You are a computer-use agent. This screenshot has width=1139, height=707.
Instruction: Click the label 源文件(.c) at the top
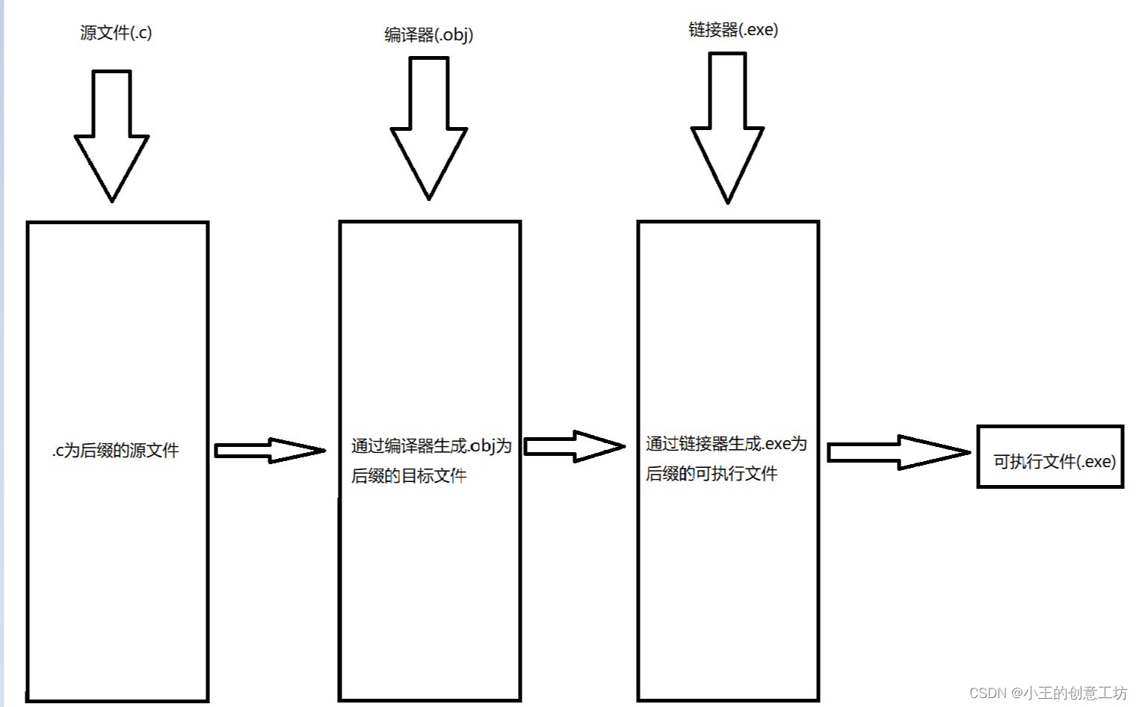[116, 32]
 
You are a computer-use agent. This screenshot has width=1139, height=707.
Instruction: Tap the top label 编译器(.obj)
[428, 34]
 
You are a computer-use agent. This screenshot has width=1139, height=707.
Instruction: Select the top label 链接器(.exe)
[732, 29]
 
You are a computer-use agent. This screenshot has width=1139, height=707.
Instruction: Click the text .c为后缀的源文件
[116, 451]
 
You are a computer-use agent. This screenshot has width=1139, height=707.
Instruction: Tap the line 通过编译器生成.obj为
[431, 446]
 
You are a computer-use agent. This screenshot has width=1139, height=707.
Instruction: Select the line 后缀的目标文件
[409, 475]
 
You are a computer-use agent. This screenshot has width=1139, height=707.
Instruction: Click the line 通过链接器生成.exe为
[726, 444]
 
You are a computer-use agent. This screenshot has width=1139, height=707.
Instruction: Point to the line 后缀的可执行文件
[712, 473]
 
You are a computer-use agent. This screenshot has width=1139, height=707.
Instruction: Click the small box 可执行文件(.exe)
[1050, 457]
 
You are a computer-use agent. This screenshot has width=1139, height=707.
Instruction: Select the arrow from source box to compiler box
[269, 450]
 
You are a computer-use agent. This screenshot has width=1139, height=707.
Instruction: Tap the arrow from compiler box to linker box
[573, 446]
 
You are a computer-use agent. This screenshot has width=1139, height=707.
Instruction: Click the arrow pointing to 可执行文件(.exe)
[897, 452]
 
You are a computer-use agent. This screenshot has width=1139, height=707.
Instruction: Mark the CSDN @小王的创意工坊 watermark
[1048, 693]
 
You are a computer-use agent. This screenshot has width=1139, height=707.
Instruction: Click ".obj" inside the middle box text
[483, 446]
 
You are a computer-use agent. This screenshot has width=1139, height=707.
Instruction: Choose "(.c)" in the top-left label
[141, 32]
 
